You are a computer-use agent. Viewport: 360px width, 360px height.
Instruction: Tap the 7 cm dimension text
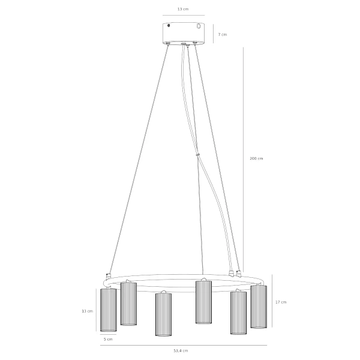pos(223,34)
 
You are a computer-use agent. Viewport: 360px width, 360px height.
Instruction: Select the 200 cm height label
pos(256,158)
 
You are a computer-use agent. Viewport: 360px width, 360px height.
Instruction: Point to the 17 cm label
pos(281,302)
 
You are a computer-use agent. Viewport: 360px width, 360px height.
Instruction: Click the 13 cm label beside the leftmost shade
pos(87,311)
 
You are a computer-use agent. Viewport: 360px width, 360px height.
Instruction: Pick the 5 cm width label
pos(108,339)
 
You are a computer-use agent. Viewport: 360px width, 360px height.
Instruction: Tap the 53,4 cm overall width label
pos(181,350)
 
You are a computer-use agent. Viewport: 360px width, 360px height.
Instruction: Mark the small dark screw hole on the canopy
pos(169,26)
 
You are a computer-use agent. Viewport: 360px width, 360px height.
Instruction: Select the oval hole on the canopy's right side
pos(199,26)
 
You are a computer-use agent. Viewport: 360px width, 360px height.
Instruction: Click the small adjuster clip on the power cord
pos(197,155)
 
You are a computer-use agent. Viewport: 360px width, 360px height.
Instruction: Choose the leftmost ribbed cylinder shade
pos(108,310)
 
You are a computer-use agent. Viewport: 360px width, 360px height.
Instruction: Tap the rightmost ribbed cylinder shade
pos(259,307)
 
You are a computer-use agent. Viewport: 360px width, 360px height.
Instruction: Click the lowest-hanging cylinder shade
pos(164,314)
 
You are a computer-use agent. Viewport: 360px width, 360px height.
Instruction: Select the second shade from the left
pos(128,304)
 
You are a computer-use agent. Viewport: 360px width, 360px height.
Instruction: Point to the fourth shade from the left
pos(203,302)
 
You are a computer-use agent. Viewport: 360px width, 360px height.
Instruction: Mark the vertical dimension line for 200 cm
pos(243,158)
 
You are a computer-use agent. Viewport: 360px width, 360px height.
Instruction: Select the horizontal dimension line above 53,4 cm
pos(181,345)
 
